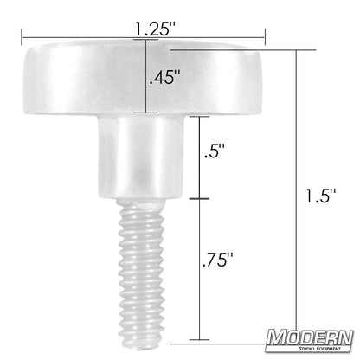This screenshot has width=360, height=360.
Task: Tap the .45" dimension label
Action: tap(164, 77)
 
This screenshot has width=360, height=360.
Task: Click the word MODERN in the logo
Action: tap(310, 337)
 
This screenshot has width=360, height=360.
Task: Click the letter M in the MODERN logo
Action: tap(276, 337)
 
